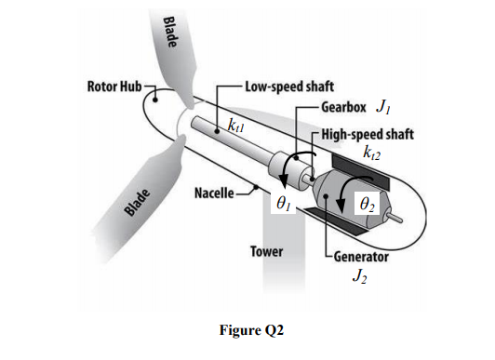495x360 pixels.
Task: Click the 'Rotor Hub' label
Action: coord(113,88)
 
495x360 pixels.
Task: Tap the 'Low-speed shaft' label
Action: coord(283,88)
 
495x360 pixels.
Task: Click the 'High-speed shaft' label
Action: coord(366,131)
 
